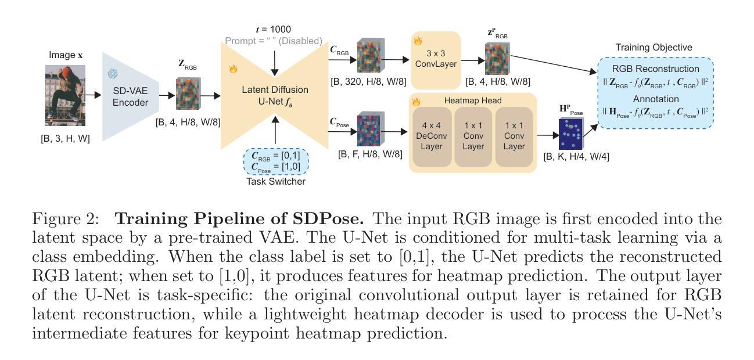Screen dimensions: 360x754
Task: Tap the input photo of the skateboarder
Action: (65, 95)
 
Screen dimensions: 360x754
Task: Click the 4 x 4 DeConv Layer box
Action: (431, 137)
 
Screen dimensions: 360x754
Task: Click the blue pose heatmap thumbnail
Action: (570, 134)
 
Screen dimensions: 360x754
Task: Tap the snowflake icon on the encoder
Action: (112, 74)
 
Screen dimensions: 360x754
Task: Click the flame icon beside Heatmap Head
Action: (417, 102)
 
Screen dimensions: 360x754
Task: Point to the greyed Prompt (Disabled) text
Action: (273, 41)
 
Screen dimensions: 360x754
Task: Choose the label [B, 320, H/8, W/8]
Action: (368, 81)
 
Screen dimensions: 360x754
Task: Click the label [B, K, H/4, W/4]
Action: (576, 156)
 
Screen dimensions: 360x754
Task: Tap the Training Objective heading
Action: (654, 47)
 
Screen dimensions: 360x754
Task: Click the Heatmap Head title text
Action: (473, 100)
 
